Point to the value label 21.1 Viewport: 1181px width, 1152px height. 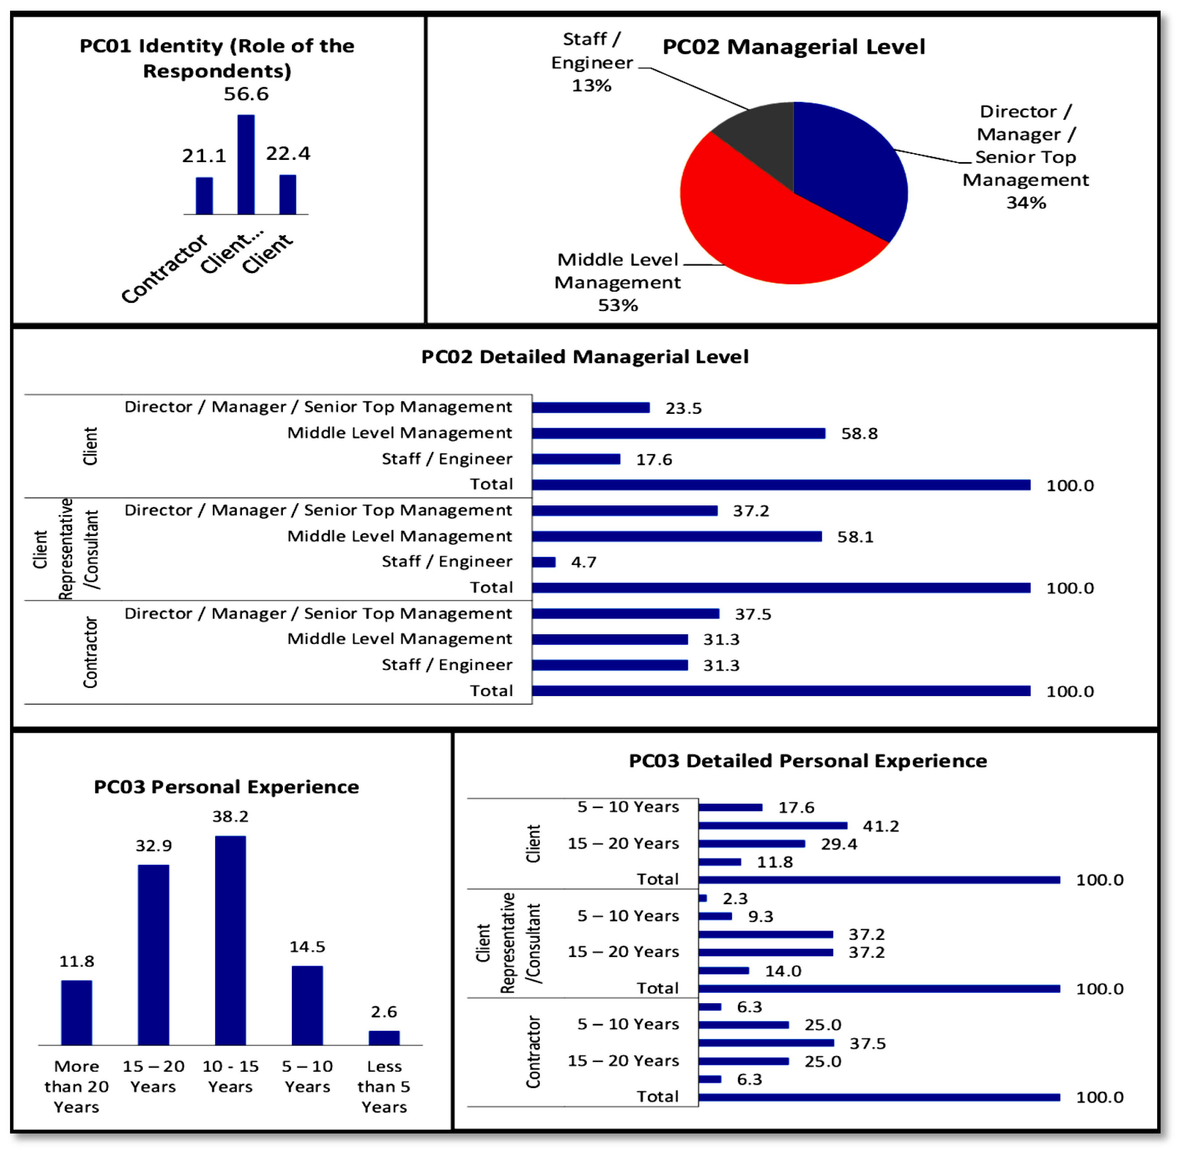point(204,156)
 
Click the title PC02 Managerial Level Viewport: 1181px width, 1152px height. point(794,47)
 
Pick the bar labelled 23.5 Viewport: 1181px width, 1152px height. point(591,408)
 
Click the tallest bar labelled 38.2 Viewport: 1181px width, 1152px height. point(230,941)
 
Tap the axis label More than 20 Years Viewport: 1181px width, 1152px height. point(76,1087)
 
